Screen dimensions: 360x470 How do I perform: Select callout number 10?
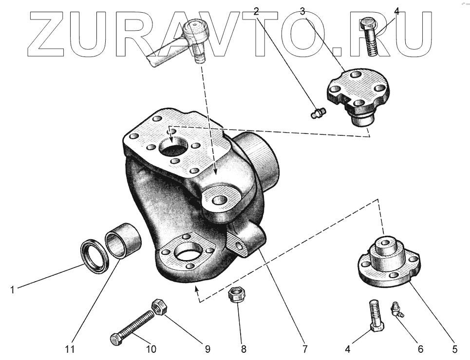(x=151, y=349)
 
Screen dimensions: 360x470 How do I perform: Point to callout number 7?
(x=305, y=349)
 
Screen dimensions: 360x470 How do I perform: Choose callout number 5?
(x=454, y=349)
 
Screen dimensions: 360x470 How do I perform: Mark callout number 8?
(x=244, y=349)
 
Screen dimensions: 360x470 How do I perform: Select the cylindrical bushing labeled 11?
(x=124, y=239)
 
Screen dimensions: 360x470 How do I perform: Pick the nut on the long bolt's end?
(x=160, y=306)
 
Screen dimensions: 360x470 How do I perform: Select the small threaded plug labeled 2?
(x=318, y=114)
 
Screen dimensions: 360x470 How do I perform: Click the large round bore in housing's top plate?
(x=174, y=147)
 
